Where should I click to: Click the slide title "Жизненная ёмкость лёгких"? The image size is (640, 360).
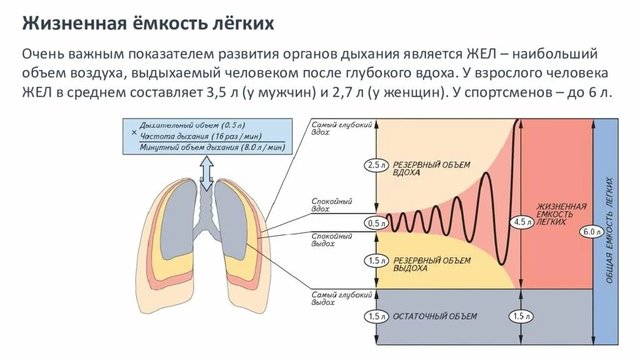pyautogui.click(x=149, y=24)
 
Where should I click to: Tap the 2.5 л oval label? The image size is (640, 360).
pyautogui.click(x=375, y=166)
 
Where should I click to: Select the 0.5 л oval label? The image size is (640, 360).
pyautogui.click(x=375, y=223)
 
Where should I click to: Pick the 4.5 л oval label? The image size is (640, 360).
pyautogui.click(x=521, y=222)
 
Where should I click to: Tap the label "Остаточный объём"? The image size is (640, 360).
pyautogui.click(x=435, y=316)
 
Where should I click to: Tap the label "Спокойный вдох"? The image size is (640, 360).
pyautogui.click(x=332, y=206)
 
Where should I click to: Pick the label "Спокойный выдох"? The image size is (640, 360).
pyautogui.click(x=332, y=240)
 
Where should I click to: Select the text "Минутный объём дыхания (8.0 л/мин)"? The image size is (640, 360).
pyautogui.click(x=212, y=147)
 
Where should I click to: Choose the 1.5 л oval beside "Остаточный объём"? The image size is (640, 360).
pyautogui.click(x=375, y=316)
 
